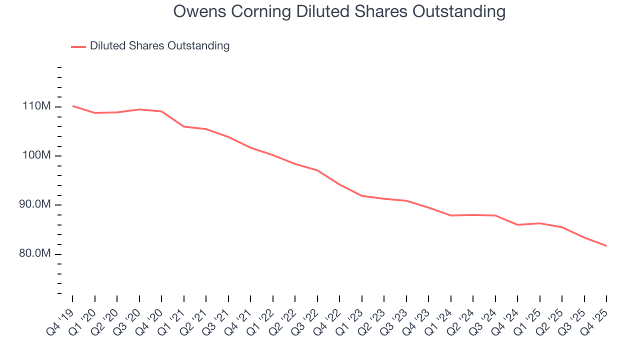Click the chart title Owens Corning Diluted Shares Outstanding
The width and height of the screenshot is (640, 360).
339,11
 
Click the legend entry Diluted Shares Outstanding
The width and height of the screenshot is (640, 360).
159,46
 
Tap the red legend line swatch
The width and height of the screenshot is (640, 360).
78,46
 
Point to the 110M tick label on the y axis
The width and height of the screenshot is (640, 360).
35,106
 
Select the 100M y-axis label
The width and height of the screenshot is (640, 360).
35,155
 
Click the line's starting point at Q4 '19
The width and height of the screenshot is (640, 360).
72,106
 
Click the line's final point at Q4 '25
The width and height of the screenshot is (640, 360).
606,245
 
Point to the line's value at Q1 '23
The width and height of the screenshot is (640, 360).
362,195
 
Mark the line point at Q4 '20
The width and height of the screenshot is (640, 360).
161,111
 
